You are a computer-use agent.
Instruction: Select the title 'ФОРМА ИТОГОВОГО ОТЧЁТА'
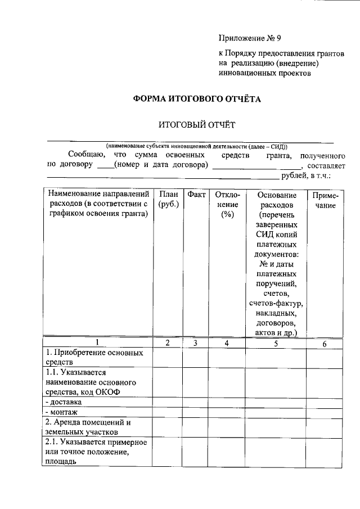coord(197,98)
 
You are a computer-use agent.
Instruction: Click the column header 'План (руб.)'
coord(168,200)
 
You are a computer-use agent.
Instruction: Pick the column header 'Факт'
coord(196,194)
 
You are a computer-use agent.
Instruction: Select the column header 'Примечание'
coord(325,200)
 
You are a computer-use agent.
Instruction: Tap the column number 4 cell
coord(227,343)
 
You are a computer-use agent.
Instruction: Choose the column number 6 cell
coord(325,343)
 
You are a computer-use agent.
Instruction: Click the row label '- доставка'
coord(63,402)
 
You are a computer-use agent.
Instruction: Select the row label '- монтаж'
coord(61,412)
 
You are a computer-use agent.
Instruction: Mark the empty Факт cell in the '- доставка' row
coord(196,403)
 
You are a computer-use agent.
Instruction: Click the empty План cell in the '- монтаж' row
coord(168,413)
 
